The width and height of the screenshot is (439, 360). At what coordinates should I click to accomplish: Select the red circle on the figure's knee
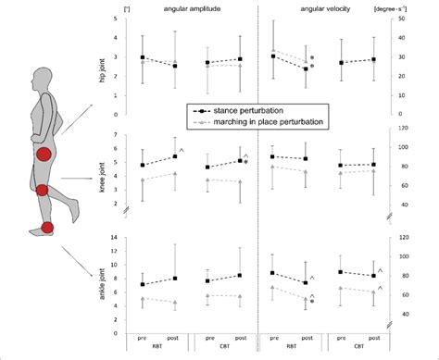pos(42,191)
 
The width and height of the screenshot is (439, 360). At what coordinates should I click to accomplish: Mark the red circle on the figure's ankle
pos(47,228)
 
